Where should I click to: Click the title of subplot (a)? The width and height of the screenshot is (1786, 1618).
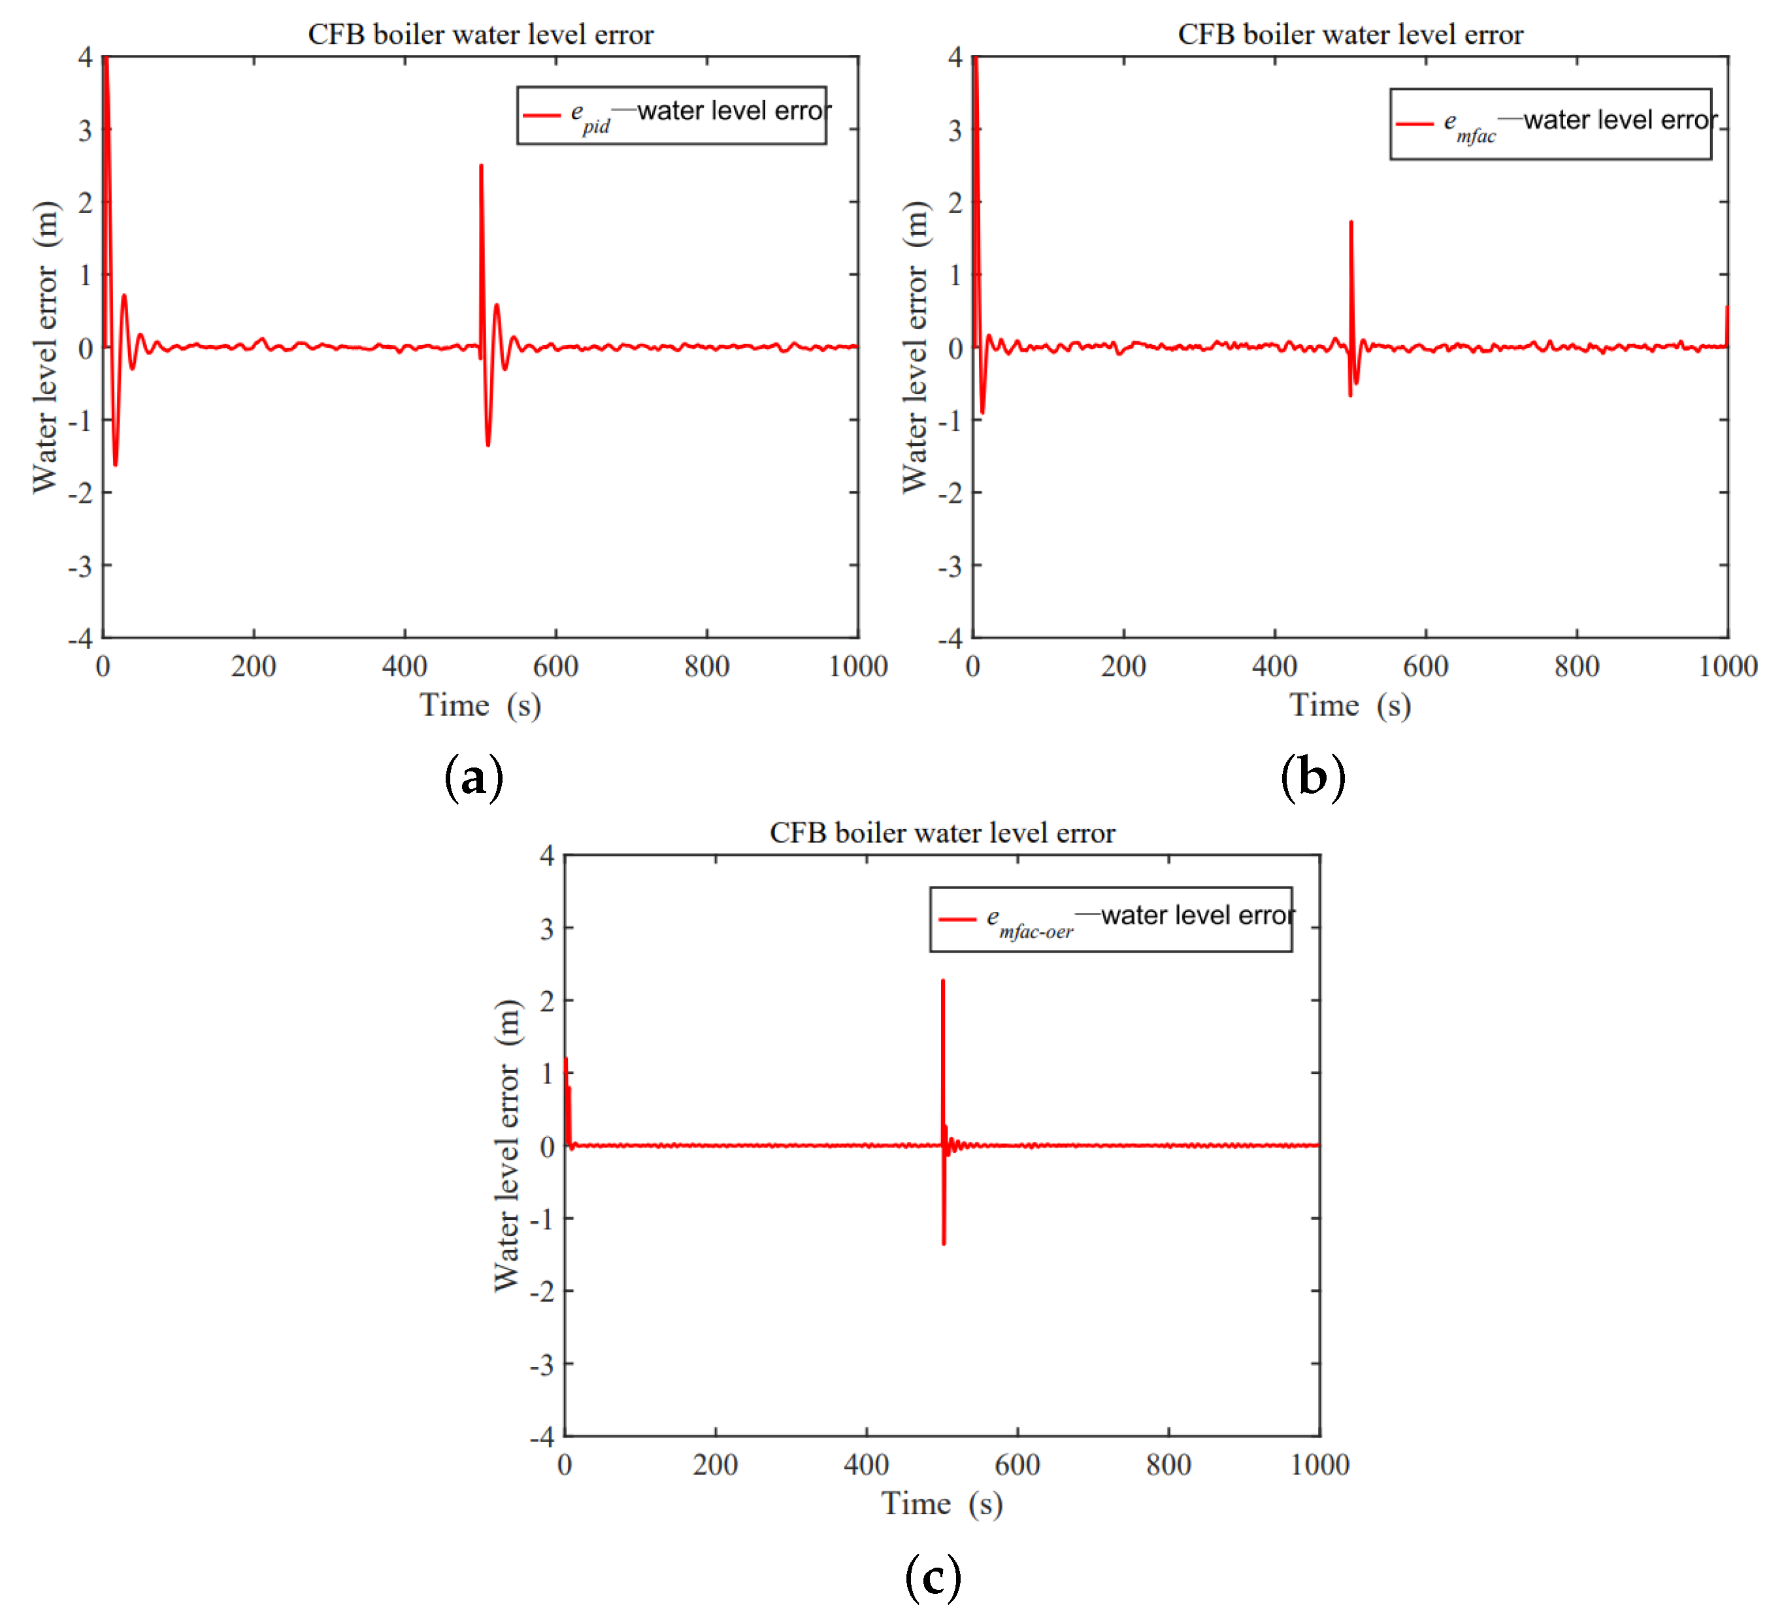pos(480,35)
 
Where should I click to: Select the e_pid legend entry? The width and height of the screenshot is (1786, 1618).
pos(673,115)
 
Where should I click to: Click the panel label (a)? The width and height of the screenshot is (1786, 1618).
pos(474,778)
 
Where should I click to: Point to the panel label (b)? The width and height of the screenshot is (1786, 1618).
pos(1313,778)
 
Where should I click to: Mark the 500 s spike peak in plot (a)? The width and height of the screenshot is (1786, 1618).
pos(481,165)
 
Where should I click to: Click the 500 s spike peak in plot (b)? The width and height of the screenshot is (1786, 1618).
pos(1351,222)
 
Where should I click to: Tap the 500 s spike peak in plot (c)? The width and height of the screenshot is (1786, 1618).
pos(942,981)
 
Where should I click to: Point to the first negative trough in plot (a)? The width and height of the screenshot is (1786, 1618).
pos(115,464)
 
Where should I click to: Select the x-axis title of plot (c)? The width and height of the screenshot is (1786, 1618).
pos(942,1504)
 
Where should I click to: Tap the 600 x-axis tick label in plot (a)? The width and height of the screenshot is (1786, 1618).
pos(555,666)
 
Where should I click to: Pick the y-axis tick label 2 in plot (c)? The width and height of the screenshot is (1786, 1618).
pos(546,1002)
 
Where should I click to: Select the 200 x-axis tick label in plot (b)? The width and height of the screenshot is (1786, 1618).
pos(1123,666)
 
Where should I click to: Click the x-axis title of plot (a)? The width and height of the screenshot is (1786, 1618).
pos(480,705)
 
